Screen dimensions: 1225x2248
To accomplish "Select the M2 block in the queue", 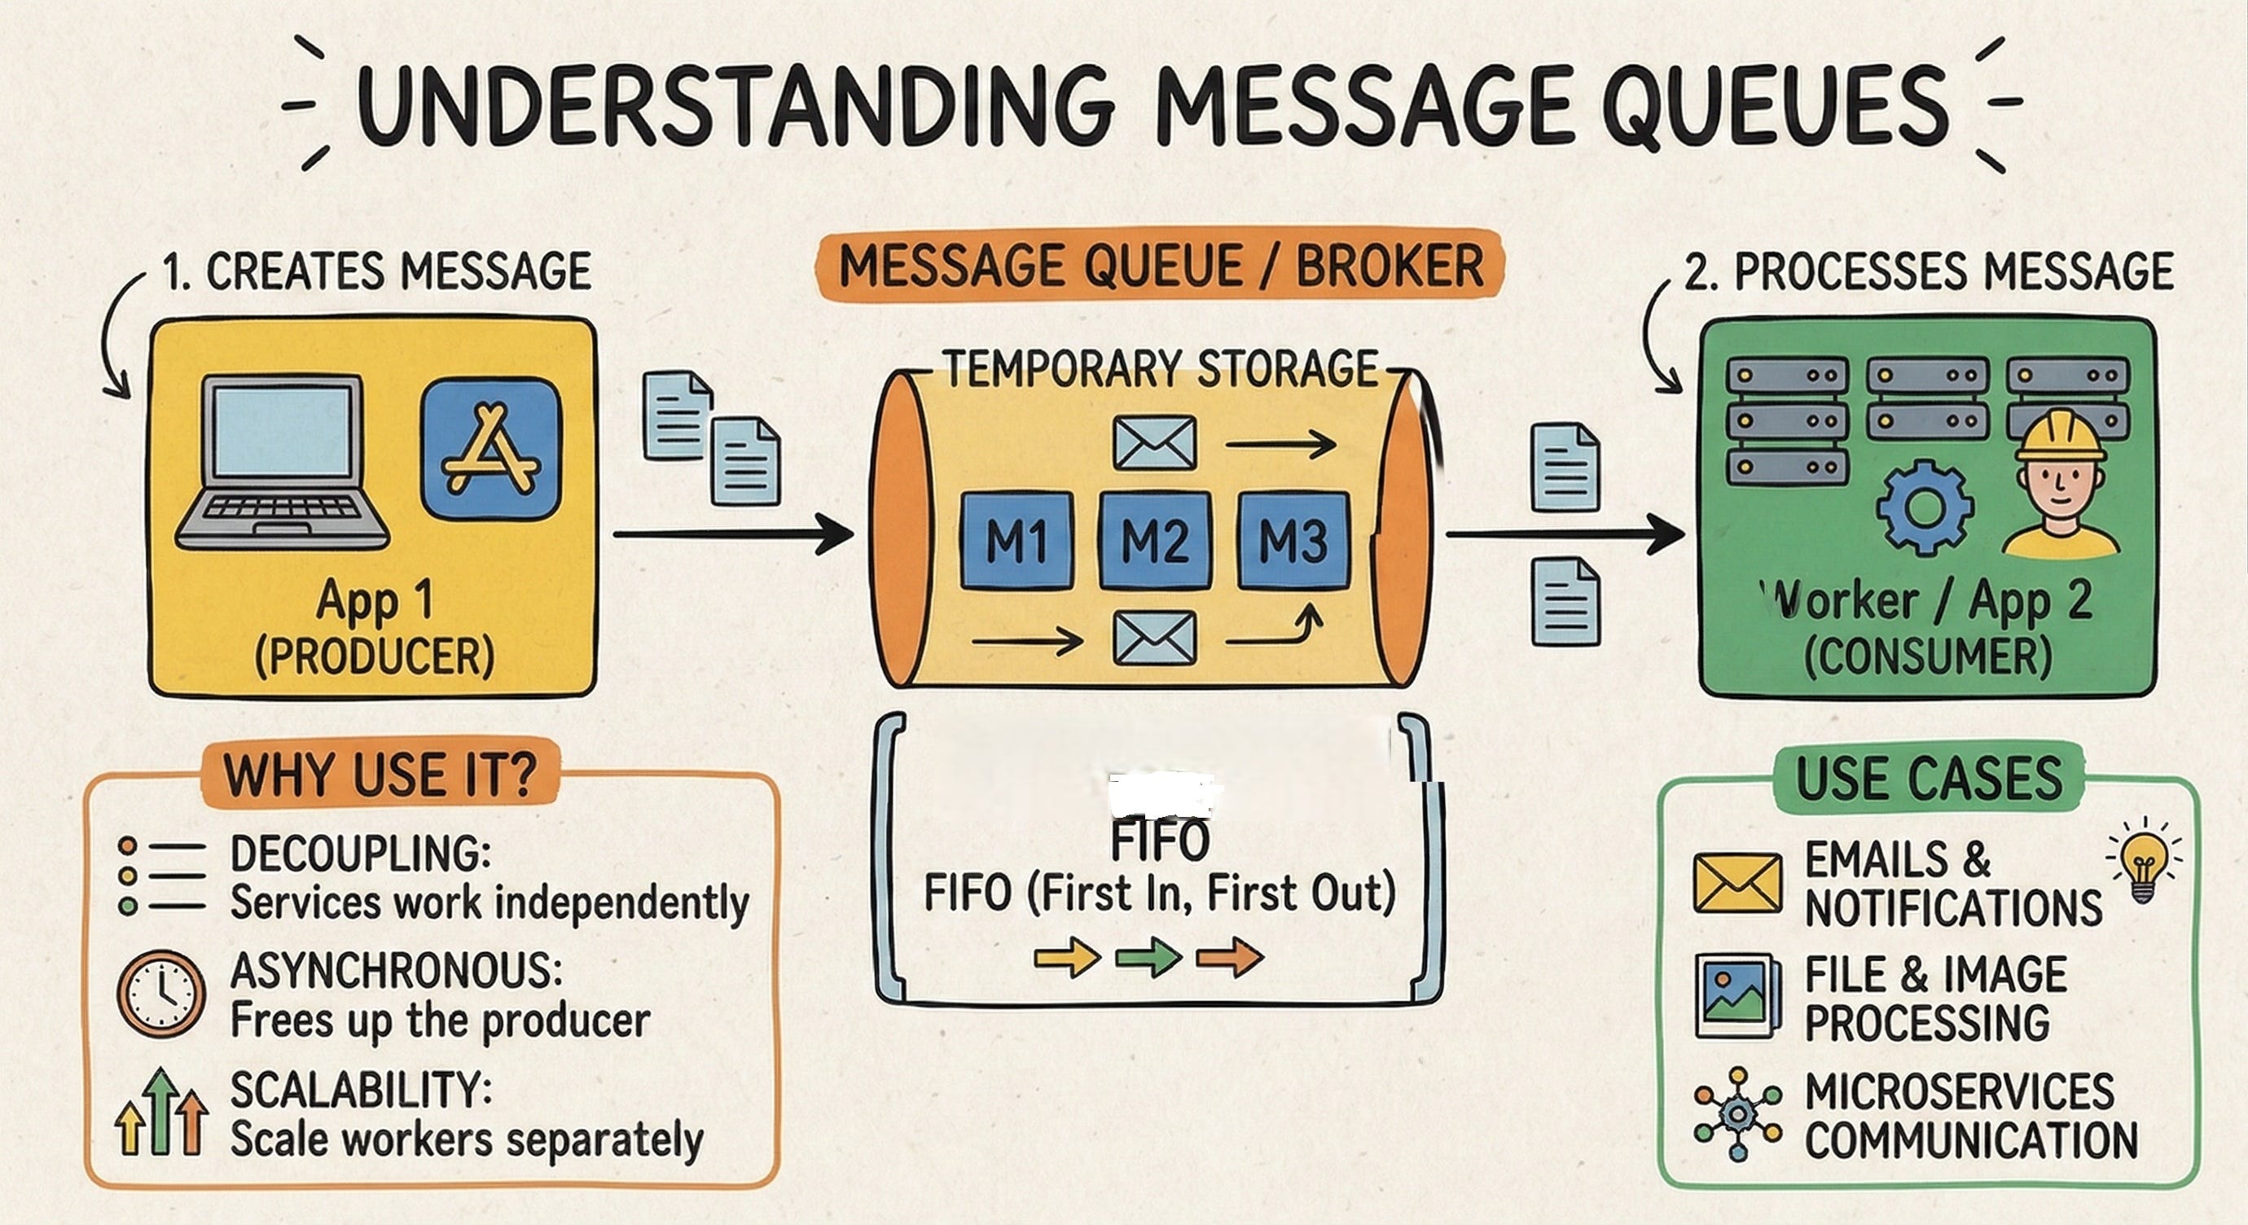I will click(x=1156, y=541).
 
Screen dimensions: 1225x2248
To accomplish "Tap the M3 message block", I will click(x=1294, y=541).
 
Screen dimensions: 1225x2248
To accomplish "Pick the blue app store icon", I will click(x=490, y=450).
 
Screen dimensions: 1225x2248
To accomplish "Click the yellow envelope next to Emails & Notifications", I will click(x=1737, y=883).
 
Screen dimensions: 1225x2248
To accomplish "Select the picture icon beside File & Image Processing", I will click(x=1737, y=995).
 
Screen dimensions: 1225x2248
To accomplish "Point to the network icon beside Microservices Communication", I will click(x=1737, y=1113).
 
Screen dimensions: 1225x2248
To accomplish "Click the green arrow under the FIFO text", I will click(x=1148, y=957).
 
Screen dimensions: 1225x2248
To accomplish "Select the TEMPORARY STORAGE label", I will click(x=1161, y=369).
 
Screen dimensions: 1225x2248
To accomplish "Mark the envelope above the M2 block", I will click(x=1156, y=443).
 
